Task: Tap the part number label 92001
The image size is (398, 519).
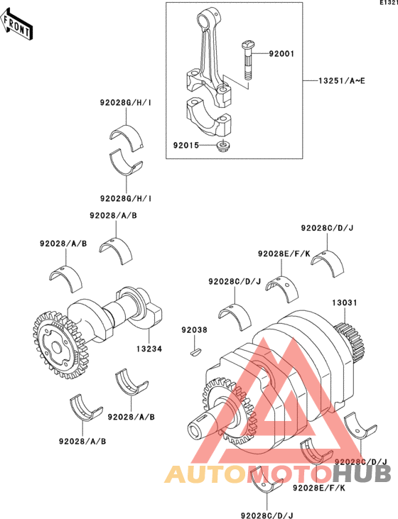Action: [281, 54]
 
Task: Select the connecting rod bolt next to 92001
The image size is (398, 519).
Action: [247, 60]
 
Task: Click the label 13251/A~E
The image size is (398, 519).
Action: [342, 81]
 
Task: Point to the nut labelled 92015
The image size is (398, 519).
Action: [222, 146]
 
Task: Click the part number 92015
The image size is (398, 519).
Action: [186, 146]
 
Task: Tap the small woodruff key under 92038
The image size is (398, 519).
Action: [196, 351]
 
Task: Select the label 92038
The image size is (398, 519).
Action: [194, 330]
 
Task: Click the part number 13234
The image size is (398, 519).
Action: [149, 349]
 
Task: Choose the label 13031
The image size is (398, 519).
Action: [345, 302]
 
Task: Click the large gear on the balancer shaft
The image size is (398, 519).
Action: [60, 345]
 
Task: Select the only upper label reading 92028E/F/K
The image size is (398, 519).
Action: [284, 254]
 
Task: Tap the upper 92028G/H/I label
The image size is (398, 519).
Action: [126, 103]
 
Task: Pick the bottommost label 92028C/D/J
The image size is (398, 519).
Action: [267, 515]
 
